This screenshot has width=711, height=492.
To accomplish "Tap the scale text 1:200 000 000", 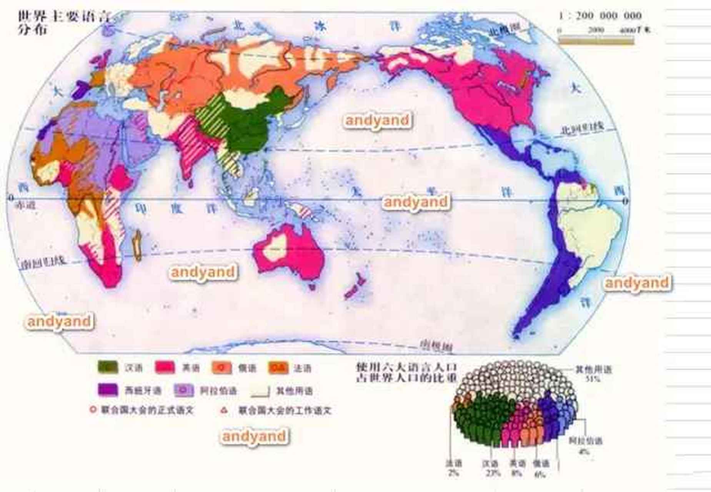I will (600, 16).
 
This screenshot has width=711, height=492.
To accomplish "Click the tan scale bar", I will (596, 40).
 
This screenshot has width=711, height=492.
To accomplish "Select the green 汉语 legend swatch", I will (108, 367).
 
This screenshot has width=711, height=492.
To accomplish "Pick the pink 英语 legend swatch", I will (165, 367).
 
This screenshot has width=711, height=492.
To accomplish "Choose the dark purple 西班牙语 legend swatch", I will (108, 390).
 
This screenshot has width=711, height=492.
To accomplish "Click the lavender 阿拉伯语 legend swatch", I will (184, 390).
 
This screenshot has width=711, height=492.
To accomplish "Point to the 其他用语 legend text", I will (294, 391).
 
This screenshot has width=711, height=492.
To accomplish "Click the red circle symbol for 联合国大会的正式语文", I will (92, 410).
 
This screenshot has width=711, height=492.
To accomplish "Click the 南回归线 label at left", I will (42, 262).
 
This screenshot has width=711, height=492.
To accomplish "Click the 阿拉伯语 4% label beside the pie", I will (586, 445).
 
